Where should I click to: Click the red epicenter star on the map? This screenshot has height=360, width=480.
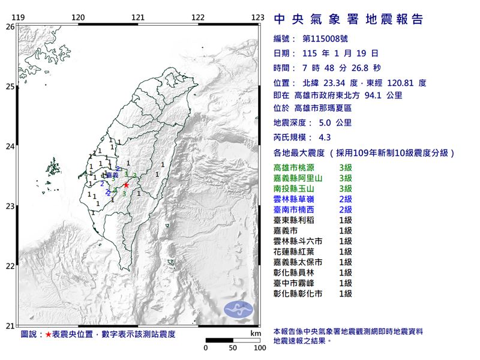pyautogui.click(x=126, y=185)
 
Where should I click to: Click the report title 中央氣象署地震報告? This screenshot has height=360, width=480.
pyautogui.click(x=349, y=19)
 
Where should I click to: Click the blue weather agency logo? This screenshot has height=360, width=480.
pyautogui.click(x=238, y=310)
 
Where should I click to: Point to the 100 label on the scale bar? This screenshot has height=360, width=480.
pyautogui.click(x=260, y=347)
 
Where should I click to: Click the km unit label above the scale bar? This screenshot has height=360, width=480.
pyautogui.click(x=256, y=333)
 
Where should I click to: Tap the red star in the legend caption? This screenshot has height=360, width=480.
pyautogui.click(x=48, y=333)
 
